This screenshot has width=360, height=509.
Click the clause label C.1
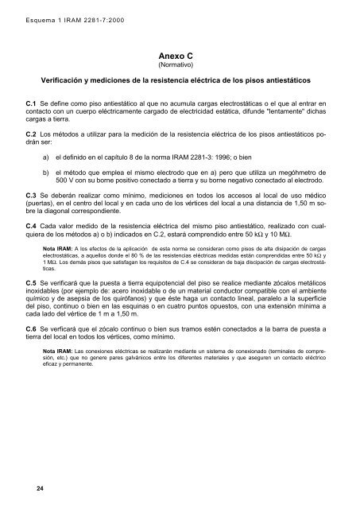(x=32, y=104)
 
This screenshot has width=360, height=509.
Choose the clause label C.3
(x=32, y=216)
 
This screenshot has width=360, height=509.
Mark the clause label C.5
(x=32, y=327)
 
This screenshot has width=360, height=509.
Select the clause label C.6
(x=32, y=373)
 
